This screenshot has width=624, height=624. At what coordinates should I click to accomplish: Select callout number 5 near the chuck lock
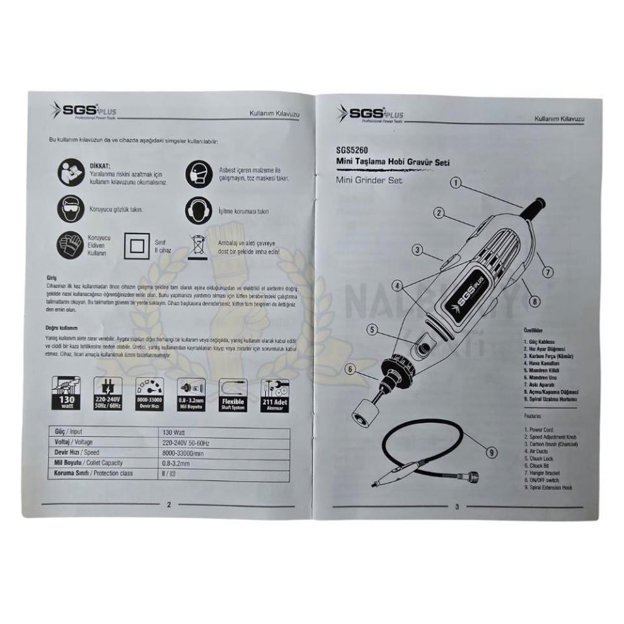(372, 330)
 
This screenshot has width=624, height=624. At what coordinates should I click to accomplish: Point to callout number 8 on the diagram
(534, 301)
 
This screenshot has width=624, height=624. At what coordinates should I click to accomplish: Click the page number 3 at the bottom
(457, 508)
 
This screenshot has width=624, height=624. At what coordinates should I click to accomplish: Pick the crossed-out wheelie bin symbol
(197, 247)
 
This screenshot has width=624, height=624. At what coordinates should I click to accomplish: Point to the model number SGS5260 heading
(353, 151)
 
